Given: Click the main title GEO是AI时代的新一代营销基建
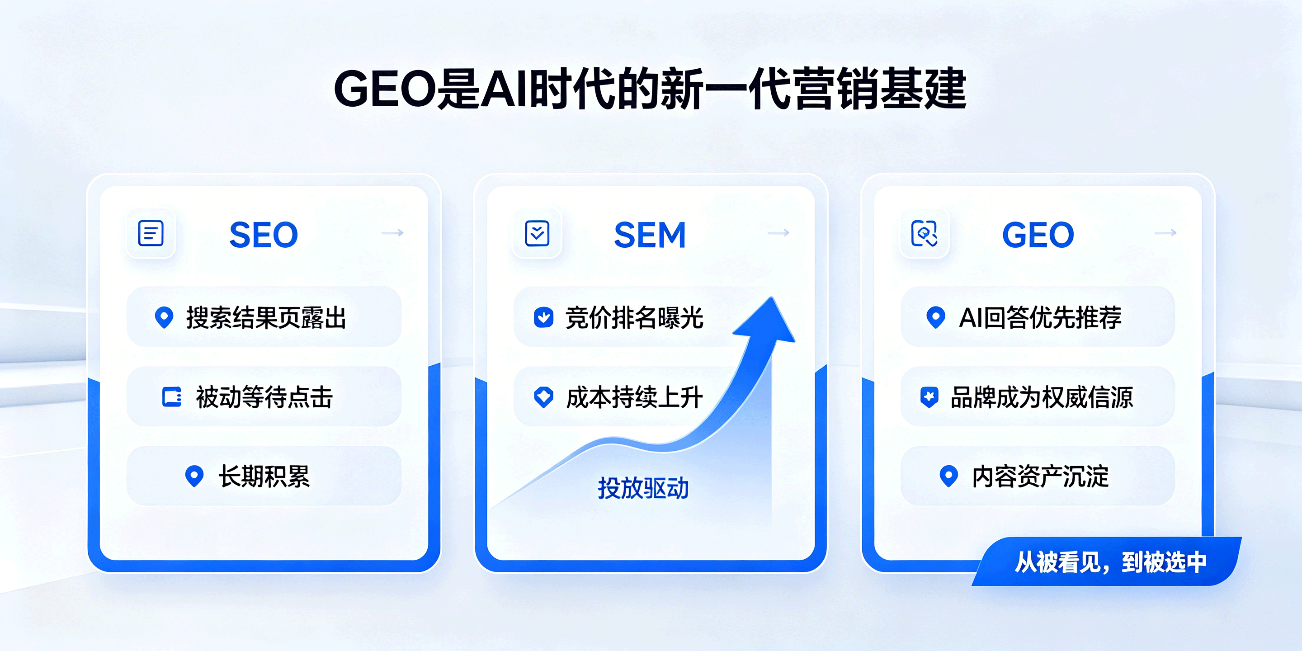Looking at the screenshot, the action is [x=651, y=89].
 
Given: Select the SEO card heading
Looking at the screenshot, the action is [x=264, y=235].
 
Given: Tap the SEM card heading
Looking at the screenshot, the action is [x=650, y=235].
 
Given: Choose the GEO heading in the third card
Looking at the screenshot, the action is [x=1038, y=235].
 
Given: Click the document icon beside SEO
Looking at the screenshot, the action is [x=151, y=233].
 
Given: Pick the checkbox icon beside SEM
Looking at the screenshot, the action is [x=537, y=233].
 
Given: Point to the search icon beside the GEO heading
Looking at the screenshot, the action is [x=925, y=233].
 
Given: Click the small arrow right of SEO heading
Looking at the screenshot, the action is [x=393, y=232].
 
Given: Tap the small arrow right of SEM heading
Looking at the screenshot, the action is [x=778, y=232].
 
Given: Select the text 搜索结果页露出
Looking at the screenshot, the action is [x=266, y=317].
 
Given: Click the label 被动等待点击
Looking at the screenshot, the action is [x=264, y=397].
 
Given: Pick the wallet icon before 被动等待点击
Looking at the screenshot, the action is [x=172, y=397].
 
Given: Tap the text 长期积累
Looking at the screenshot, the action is [x=264, y=476].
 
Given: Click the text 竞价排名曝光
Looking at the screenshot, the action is [x=634, y=317].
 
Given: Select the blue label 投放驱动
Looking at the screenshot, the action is [x=643, y=488].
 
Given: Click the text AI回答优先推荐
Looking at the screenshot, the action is [x=1040, y=317].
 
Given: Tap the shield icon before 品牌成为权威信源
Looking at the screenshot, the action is [x=929, y=397].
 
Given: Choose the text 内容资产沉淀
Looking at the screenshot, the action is [x=1040, y=476].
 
